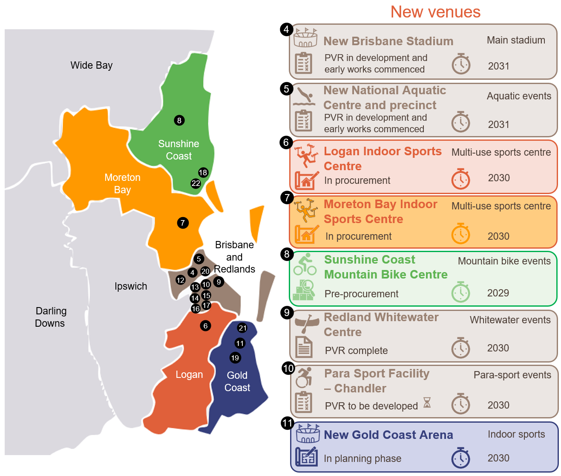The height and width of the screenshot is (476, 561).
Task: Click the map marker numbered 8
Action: (179, 120)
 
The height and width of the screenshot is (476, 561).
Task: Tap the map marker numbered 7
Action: (183, 223)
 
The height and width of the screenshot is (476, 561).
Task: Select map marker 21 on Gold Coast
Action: (242, 328)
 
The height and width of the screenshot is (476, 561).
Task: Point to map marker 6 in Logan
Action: (205, 326)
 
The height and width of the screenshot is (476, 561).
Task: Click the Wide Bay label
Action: (92, 65)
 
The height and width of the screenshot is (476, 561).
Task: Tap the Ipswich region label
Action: (131, 286)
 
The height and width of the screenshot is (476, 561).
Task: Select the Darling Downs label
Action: (51, 317)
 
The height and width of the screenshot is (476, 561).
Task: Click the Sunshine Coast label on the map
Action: (178, 150)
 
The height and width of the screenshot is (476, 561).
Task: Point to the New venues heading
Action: (435, 12)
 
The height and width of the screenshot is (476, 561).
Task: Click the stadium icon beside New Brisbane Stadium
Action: (305, 38)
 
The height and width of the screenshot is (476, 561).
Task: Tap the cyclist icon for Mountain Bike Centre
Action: (305, 264)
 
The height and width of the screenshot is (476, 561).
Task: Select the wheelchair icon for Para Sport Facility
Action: (304, 377)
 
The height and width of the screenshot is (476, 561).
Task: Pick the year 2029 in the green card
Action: (498, 293)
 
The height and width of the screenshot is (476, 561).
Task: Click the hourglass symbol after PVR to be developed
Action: (427, 403)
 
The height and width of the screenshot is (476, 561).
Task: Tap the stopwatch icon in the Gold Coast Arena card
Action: (460, 458)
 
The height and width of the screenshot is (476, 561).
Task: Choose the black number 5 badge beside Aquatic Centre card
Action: (287, 89)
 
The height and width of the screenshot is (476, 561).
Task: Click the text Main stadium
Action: (516, 40)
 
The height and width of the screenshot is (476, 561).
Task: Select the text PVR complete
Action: (356, 351)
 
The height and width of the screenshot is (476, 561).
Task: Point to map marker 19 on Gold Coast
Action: (235, 358)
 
